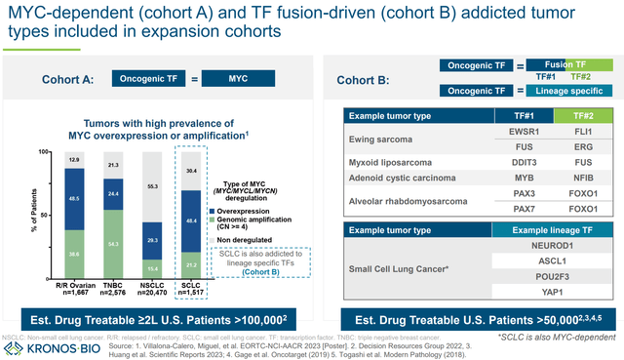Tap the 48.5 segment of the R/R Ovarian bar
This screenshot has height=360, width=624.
coord(74,197)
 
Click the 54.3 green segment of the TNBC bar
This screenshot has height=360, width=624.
coord(113,243)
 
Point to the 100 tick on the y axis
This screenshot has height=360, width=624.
coord(43,152)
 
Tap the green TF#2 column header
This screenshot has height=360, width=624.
coord(564,114)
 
